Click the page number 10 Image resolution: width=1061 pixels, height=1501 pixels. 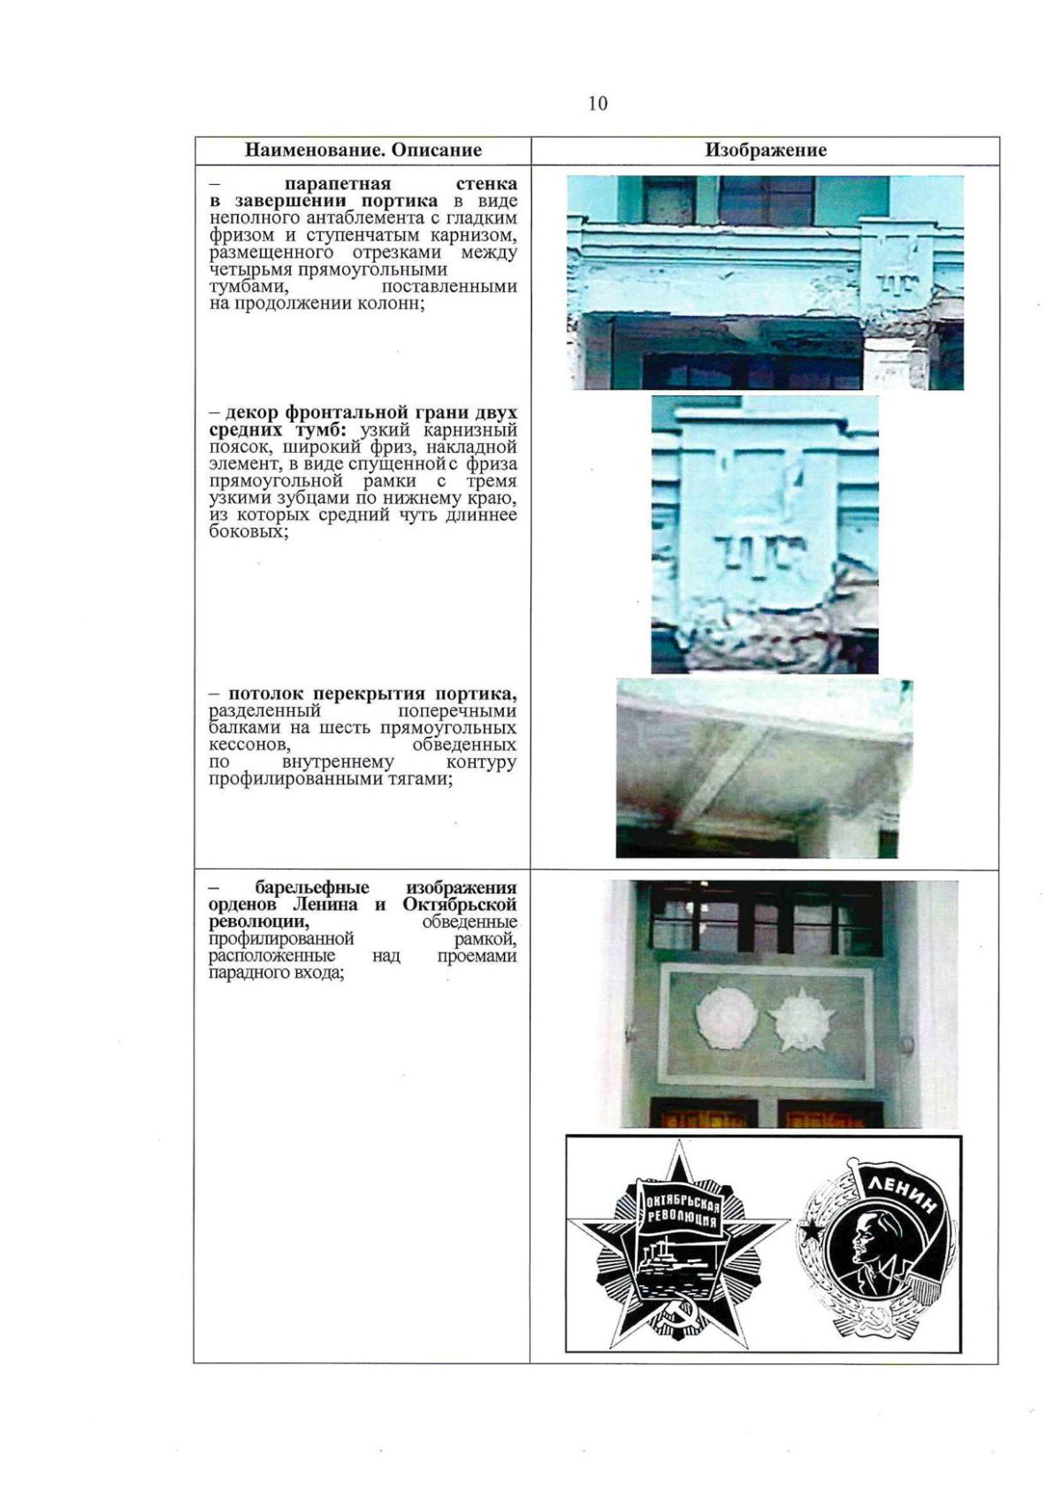pyautogui.click(x=598, y=103)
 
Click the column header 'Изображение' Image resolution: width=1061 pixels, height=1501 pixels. pyautogui.click(x=765, y=150)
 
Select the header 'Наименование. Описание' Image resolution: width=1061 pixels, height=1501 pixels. pyautogui.click(x=363, y=150)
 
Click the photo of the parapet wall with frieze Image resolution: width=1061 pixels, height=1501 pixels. pyautogui.click(x=765, y=282)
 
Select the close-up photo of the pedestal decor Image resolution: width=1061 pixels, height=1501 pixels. pyautogui.click(x=765, y=534)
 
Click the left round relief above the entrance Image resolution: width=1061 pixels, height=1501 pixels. pyautogui.click(x=721, y=1019)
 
